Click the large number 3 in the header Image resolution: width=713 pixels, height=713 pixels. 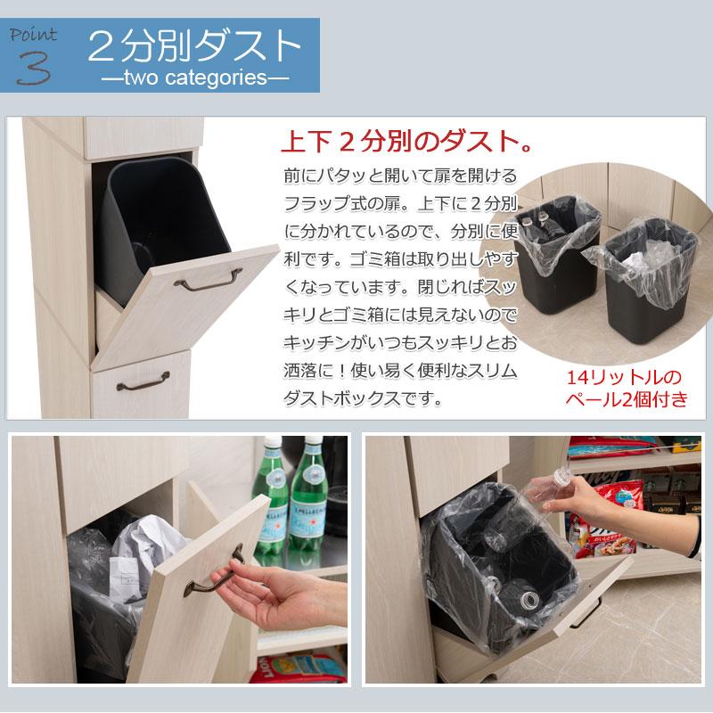[35, 66]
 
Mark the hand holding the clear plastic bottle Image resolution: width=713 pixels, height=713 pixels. [624, 508]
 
